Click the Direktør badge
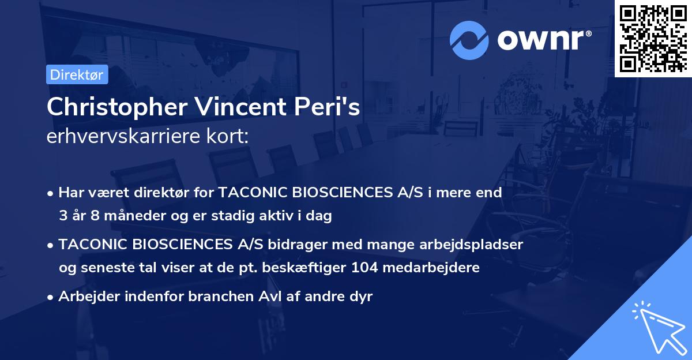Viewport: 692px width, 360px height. pos(77,74)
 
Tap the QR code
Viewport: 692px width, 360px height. pos(653,38)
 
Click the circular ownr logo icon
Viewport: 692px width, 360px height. pos(469,40)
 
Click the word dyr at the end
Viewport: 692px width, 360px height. pos(362,297)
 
